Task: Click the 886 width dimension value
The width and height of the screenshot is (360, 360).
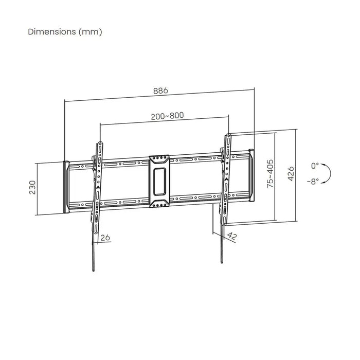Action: (x=160, y=91)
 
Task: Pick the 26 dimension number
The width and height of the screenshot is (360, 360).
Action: (x=105, y=237)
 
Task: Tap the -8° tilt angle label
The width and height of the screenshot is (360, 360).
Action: (x=314, y=181)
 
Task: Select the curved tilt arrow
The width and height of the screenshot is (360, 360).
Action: (x=327, y=173)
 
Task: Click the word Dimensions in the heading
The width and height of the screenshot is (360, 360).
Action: (x=50, y=31)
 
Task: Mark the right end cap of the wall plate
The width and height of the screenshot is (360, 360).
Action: (x=251, y=175)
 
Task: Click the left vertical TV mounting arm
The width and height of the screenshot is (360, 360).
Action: (x=98, y=185)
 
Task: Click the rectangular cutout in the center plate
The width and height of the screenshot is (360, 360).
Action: (x=159, y=177)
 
